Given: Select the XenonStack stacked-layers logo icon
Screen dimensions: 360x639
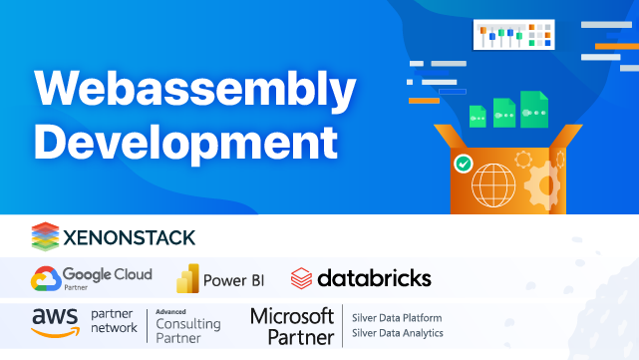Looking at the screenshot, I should click(46, 236).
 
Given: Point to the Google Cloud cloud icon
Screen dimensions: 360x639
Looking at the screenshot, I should click(45, 277).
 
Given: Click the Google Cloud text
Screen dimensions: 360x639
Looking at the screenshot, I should click(107, 273).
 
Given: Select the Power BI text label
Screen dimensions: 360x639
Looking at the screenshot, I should click(232, 279).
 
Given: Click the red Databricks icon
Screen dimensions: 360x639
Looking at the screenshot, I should click(301, 277).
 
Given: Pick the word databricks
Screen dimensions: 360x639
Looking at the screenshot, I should click(374, 277).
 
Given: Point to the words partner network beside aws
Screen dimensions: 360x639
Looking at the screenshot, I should click(114, 321).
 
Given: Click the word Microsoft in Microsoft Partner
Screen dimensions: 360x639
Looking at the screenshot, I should click(291, 316).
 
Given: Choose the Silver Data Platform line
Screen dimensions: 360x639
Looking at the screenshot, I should click(397, 318).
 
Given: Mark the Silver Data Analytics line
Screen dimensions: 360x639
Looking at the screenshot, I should click(398, 333).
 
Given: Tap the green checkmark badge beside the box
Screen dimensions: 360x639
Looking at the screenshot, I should click(463, 162).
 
